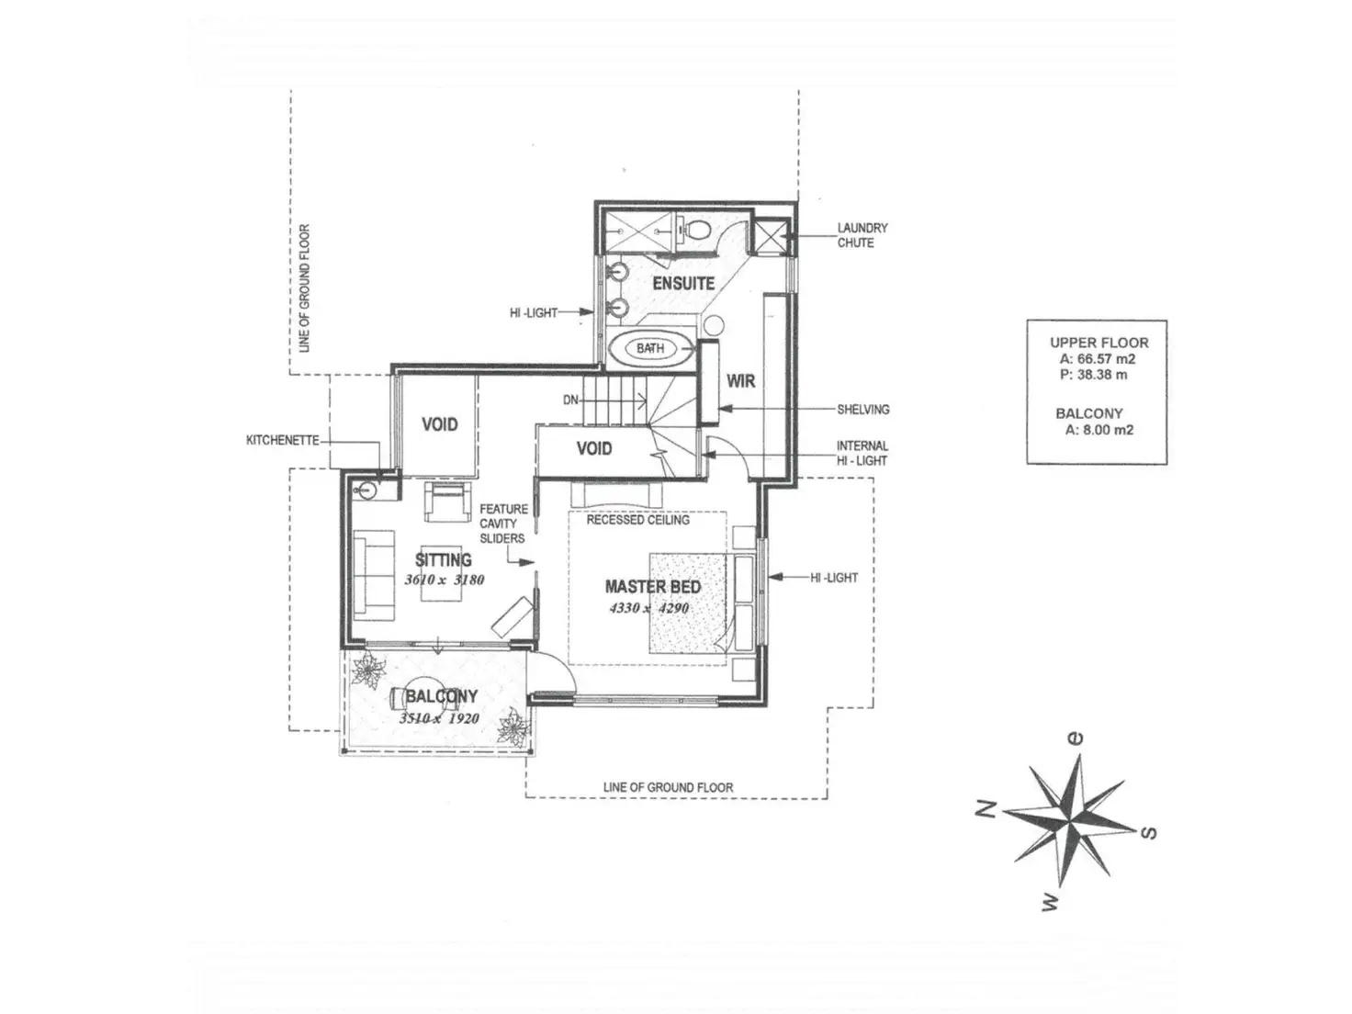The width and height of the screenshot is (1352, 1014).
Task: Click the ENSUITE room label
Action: (x=683, y=283)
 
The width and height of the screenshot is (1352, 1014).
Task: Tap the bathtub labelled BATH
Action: (x=650, y=349)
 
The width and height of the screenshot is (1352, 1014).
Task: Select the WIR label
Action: (x=740, y=380)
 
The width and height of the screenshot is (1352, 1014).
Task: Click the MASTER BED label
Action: (x=652, y=586)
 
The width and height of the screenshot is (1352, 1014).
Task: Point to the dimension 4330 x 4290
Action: (x=648, y=608)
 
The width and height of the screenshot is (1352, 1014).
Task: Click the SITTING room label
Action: (x=444, y=559)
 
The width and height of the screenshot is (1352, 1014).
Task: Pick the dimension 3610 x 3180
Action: (x=444, y=580)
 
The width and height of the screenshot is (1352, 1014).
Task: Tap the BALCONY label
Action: (x=441, y=697)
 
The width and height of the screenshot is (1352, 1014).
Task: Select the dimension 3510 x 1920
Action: (x=439, y=718)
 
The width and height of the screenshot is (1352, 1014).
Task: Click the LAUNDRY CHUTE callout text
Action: (x=862, y=235)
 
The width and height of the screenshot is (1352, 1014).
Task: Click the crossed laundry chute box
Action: (x=771, y=235)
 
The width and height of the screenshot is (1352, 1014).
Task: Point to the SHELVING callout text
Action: (x=862, y=410)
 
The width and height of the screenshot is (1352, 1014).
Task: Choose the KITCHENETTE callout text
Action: (x=283, y=440)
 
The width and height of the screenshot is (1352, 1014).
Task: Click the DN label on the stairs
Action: (x=570, y=400)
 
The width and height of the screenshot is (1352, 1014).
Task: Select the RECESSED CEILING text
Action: (x=637, y=520)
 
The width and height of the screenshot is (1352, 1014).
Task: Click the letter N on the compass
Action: (x=985, y=809)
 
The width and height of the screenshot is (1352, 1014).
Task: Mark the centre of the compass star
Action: (x=1071, y=812)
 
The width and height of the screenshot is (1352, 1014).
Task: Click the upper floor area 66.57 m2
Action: (x=1098, y=359)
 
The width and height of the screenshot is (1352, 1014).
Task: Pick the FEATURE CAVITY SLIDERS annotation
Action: (x=503, y=524)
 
